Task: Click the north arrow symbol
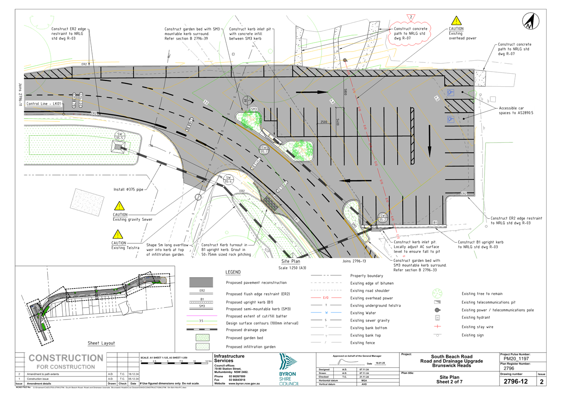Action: point(530,21)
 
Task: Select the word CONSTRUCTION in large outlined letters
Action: point(65,358)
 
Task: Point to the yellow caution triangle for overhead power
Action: point(456,21)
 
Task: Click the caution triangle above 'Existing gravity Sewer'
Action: point(119,206)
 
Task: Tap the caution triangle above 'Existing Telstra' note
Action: point(118,235)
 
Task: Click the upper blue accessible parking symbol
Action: point(450,93)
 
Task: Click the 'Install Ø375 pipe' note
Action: point(129,190)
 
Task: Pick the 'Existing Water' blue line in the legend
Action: point(327,313)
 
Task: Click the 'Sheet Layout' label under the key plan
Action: point(101,343)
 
